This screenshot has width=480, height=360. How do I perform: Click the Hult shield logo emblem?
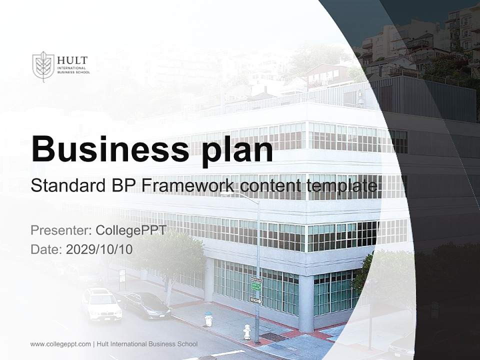click(43, 65)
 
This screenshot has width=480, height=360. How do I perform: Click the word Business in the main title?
click(107, 148)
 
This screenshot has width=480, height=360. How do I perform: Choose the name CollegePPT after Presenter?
click(130, 230)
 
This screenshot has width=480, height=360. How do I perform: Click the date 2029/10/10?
click(99, 249)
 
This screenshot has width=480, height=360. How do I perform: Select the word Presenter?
click(60, 230)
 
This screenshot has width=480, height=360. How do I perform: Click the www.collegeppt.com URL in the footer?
click(60, 344)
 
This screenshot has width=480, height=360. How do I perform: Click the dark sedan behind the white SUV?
click(146, 304)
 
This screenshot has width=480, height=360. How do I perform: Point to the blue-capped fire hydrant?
click(208, 318)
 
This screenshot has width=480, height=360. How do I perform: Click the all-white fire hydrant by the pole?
click(246, 331)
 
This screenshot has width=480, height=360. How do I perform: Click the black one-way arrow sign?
click(255, 300)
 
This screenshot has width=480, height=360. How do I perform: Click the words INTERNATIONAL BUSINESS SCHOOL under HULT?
click(71, 70)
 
